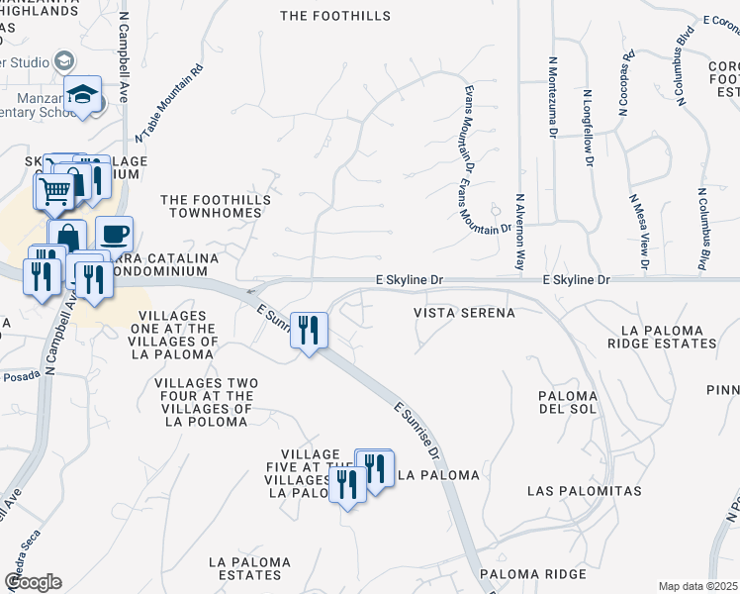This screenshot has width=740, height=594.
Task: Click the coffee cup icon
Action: tap(114, 234)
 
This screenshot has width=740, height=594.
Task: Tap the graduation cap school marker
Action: tap(84, 95)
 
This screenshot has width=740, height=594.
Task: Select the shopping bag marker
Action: tap(67, 238)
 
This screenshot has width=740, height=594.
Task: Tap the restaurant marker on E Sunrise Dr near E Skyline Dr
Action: tap(309, 331)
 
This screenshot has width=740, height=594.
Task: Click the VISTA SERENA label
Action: tap(464, 313)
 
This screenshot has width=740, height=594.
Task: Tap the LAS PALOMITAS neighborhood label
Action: tap(584, 491)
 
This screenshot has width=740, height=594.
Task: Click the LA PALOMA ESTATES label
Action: tap(250, 568)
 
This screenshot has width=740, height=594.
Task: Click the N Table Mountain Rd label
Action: tap(170, 102)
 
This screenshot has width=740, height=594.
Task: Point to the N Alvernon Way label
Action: tap(519, 231)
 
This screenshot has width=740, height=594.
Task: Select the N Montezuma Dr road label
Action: tap(554, 97)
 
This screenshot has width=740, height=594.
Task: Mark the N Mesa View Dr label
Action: tap(637, 233)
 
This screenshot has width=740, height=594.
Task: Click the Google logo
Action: tap(34, 582)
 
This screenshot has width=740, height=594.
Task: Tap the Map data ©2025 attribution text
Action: tap(697, 586)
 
